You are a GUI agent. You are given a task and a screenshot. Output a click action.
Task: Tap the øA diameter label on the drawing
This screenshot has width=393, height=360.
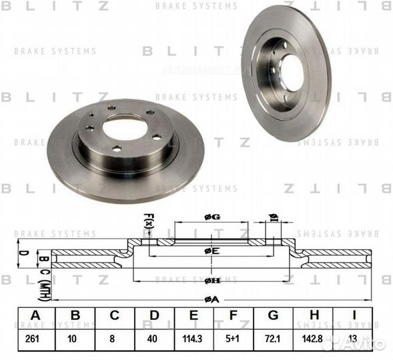tap(212, 300)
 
